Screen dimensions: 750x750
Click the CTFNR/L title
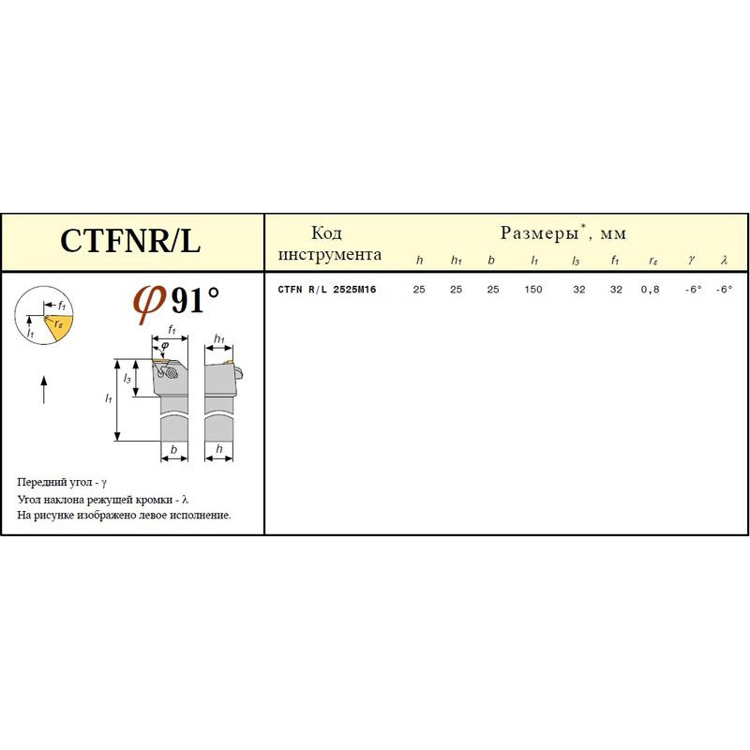[x=130, y=240]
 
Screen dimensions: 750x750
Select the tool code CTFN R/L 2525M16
[x=327, y=290]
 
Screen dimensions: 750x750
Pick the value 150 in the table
[x=533, y=290]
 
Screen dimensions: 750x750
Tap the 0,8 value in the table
[x=650, y=290]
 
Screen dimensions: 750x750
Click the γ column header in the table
[x=692, y=260]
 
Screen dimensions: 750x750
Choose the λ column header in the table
[x=724, y=261]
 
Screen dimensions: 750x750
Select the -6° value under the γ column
[x=693, y=290]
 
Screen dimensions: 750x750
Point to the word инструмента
[x=330, y=254]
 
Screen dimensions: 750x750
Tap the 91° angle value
[x=195, y=300]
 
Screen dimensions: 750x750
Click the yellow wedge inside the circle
[x=60, y=328]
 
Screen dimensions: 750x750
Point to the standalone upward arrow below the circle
[x=44, y=390]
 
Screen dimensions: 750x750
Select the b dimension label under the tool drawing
[x=173, y=450]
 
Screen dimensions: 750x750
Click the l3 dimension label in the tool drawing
[x=127, y=379]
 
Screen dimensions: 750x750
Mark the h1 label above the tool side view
[x=219, y=339]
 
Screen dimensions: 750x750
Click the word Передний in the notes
[x=39, y=483]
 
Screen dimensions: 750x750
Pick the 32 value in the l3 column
[x=579, y=290]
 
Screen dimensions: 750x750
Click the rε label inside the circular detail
[x=58, y=323]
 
